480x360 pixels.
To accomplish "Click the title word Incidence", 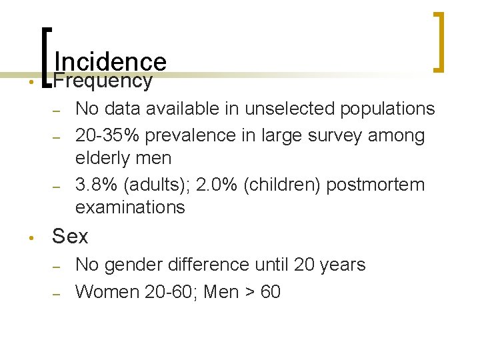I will coord(110,62).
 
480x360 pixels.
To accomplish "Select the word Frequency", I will coord(103,81).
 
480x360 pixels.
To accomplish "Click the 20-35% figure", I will coord(107,135).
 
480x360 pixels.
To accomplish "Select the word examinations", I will coord(130,207).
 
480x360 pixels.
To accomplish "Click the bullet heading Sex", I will coord(70,236).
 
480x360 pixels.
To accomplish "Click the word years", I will coord(342,265).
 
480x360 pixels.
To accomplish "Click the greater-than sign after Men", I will coord(251,293).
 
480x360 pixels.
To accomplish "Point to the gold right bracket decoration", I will coord(439,41).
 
